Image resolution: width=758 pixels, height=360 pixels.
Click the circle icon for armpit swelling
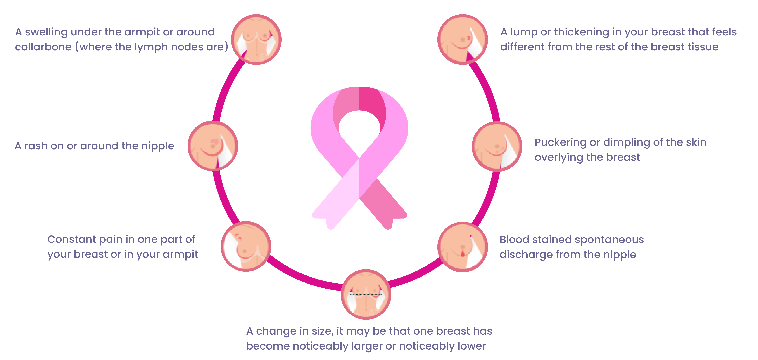[256, 39]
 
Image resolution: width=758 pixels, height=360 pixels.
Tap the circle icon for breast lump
[462, 39]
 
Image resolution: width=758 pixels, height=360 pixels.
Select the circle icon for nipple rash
[213, 146]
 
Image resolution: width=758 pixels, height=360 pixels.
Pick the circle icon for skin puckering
[497, 146]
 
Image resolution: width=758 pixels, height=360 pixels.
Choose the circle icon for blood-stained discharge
[462, 247]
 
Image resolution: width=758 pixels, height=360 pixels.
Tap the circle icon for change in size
[366, 294]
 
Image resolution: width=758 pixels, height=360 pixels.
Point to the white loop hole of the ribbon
[359, 129]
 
